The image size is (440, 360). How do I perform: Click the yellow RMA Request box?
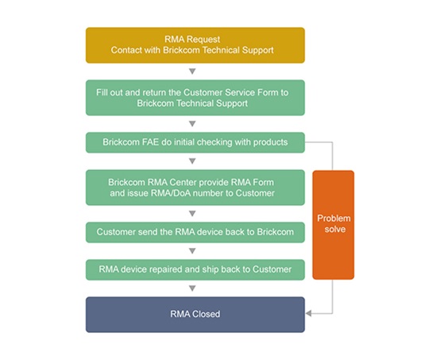coord(195,45)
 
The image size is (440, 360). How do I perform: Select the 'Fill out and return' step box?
coord(195,98)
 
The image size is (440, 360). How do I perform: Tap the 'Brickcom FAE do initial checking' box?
coord(195,143)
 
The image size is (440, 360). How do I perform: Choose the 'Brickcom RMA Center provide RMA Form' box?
coord(195,188)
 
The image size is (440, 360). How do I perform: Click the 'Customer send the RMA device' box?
coord(195,233)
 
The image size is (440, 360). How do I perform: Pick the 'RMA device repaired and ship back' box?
coord(195,270)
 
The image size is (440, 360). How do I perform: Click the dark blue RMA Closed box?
coord(195,315)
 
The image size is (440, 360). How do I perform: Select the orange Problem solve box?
coord(334,225)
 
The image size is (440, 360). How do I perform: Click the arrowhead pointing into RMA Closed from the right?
coord(308,313)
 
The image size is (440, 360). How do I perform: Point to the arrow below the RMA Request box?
coord(192,72)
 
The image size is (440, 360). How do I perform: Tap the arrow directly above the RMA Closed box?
coord(192,288)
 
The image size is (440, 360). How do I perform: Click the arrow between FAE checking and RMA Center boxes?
coord(192,161)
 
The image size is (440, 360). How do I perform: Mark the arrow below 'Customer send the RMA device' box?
coord(192,251)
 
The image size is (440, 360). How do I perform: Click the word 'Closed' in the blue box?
coord(206,314)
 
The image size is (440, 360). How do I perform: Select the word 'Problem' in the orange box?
coord(334,219)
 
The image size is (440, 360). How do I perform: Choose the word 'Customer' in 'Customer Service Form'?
coord(203,92)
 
